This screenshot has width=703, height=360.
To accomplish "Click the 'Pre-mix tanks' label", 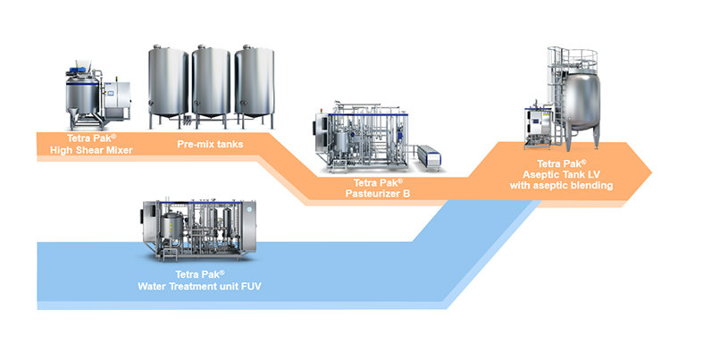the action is [210, 144].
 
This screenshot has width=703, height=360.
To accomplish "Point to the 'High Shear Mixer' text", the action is [91, 150].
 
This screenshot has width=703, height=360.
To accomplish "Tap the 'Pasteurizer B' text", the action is [378, 194].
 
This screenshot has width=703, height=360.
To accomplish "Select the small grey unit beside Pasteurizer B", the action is [429, 158].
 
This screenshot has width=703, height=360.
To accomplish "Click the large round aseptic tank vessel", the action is [581, 101].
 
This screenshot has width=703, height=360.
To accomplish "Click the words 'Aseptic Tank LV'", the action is [561, 174].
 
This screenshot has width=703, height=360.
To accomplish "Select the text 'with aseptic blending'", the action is [561, 185].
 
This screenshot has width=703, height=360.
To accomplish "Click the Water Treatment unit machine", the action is [199, 230].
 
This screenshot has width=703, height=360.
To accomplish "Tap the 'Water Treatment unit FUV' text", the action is [199, 286].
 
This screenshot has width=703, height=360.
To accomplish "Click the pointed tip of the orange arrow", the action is [651, 172].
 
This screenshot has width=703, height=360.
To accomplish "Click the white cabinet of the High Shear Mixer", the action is [118, 100].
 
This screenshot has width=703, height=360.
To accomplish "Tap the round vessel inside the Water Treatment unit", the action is [172, 227].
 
